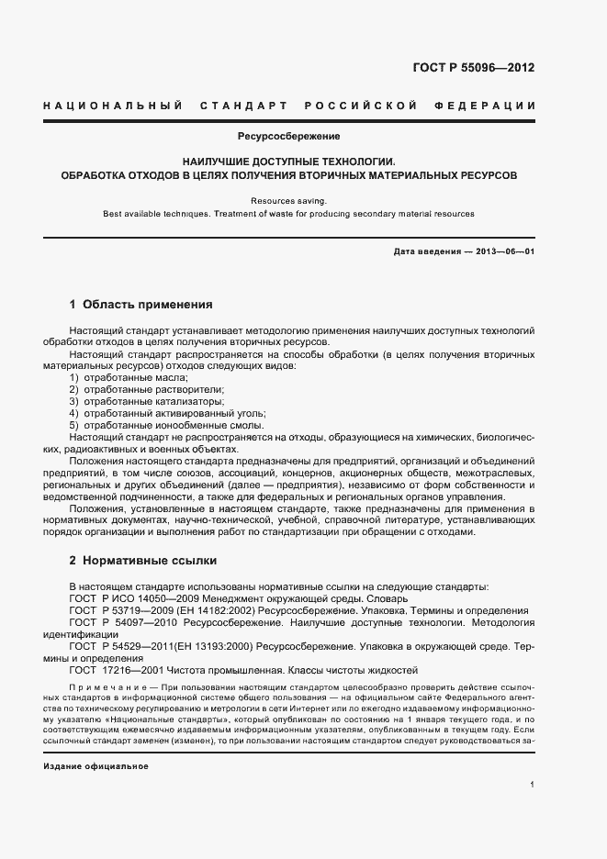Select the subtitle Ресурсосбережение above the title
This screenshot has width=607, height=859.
tap(288, 137)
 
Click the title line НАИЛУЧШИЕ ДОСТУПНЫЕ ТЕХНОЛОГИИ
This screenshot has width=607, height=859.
tap(288, 160)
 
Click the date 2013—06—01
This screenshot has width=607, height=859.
tap(505, 251)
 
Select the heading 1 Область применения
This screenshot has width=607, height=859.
tap(141, 304)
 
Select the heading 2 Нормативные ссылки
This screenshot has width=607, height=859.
tap(143, 560)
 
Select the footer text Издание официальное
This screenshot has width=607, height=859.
tap(96, 765)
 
